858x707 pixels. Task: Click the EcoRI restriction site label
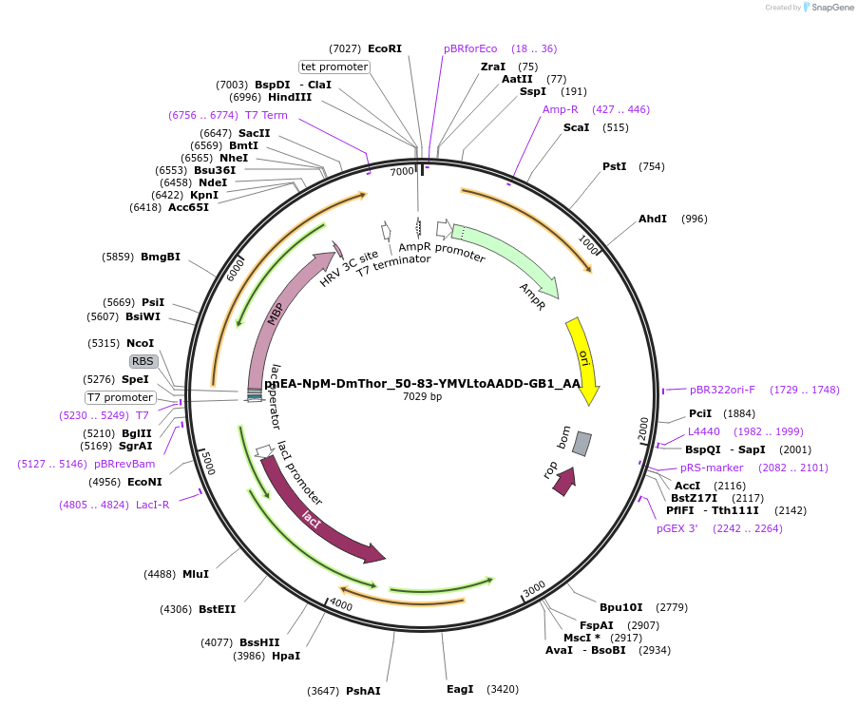click(384, 48)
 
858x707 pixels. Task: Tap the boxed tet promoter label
click(334, 67)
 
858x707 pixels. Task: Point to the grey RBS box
click(143, 361)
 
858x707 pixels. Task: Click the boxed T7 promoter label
click(120, 397)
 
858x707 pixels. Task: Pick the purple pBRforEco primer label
click(470, 48)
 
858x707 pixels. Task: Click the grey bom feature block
click(582, 443)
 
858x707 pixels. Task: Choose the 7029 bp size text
click(422, 396)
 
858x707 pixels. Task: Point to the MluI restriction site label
click(196, 574)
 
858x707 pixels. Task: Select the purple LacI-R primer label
click(153, 505)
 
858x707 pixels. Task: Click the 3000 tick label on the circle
click(534, 587)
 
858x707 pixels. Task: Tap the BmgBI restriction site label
click(161, 257)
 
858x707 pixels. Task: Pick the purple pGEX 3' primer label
click(677, 528)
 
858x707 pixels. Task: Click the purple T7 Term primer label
click(266, 115)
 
